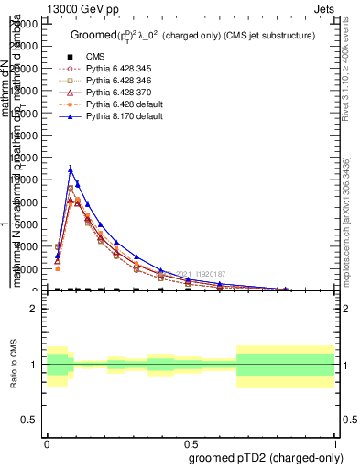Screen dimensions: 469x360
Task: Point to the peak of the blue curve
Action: tap(71, 169)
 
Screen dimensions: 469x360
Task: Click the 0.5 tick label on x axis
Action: tap(191, 442)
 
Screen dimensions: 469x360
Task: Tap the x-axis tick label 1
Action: tap(334, 442)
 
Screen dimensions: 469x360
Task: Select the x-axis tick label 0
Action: tap(46, 442)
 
